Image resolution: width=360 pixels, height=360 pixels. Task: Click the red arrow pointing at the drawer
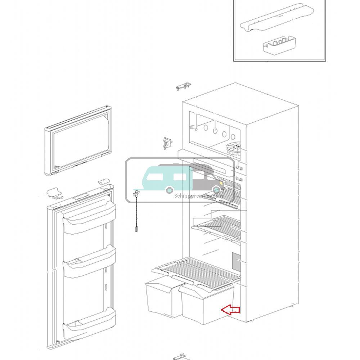tap(230, 310)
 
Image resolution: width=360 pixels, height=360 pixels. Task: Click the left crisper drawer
tap(162, 299)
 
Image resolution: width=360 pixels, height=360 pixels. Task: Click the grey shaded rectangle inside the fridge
tap(235, 262)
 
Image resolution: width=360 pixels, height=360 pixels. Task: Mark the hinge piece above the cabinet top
tap(183, 87)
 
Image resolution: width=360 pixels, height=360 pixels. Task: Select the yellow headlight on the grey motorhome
tap(217, 183)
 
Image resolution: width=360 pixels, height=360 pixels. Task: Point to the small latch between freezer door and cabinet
tap(167, 143)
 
